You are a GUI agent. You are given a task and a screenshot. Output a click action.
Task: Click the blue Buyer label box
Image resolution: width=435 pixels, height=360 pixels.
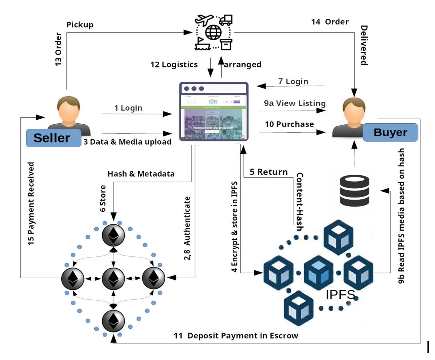pos(390,132)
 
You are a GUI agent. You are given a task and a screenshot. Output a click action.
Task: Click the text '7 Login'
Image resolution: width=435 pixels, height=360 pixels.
pos(293,81)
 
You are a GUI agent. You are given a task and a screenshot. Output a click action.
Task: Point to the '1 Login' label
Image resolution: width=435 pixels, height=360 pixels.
pos(128,108)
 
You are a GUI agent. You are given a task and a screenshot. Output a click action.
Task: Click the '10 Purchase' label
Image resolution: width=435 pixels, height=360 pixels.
pos(289,124)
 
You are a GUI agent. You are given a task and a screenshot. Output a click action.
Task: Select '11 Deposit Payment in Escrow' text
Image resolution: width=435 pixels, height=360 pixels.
pos(236,336)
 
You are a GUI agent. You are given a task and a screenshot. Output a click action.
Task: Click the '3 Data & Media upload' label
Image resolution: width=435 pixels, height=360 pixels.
pos(127,142)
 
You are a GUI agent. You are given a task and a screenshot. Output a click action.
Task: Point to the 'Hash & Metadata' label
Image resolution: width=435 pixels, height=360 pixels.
pos(141,174)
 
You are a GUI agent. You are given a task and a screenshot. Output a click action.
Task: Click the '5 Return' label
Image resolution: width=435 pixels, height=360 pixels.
pos(268,171)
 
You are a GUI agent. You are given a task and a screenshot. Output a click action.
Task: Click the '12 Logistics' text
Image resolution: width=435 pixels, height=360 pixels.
pos(174,65)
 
